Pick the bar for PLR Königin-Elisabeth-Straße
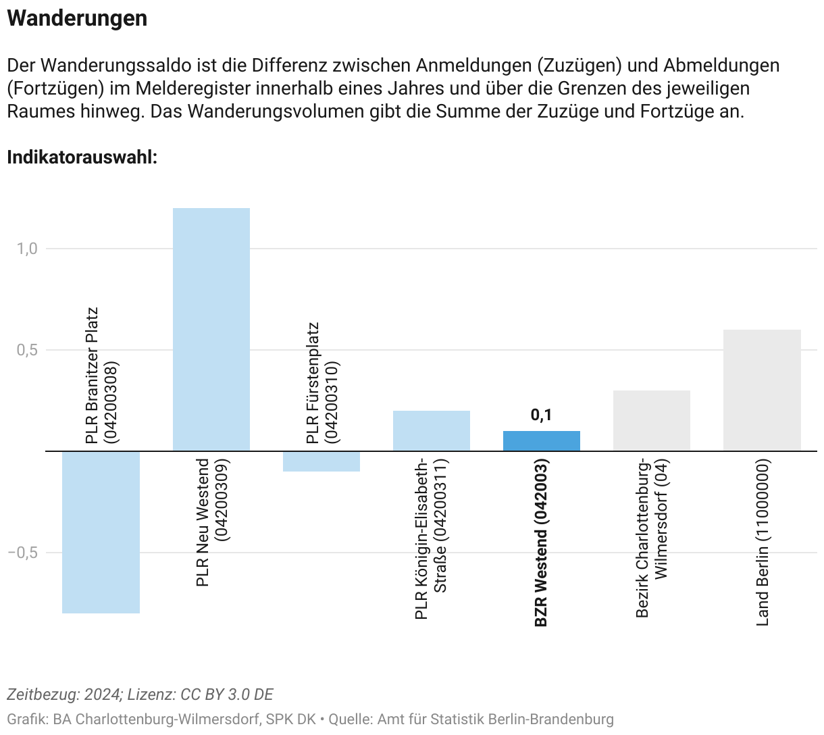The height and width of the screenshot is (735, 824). (432, 430)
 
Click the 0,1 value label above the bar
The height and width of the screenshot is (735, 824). (541, 415)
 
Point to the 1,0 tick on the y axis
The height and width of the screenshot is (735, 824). (27, 249)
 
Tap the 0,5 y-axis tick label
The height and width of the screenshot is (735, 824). (27, 350)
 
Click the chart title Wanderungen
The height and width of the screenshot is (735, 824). (77, 18)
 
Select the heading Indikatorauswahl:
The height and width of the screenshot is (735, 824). (82, 157)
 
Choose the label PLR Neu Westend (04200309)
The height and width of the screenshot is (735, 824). (211, 522)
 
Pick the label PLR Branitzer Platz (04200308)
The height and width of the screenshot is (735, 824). (101, 376)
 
